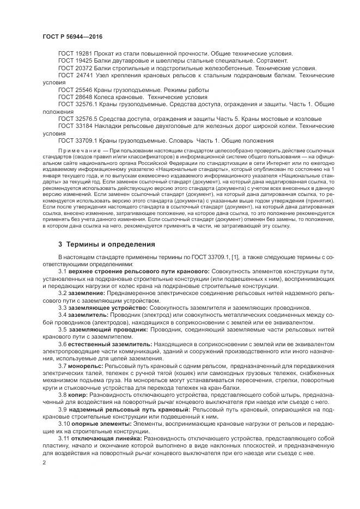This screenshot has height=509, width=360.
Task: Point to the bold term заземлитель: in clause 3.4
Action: tap(88, 315)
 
